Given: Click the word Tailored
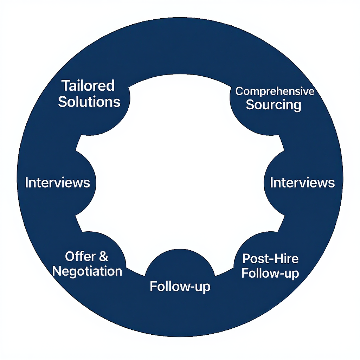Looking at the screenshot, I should [88, 86].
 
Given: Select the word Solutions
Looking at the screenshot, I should [89, 102].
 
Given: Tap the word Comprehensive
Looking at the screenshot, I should [275, 92].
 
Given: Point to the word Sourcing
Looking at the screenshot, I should [273, 105].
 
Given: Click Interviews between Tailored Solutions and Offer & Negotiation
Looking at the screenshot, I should [57, 183].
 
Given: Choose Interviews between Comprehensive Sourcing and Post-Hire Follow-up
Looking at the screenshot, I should [302, 183].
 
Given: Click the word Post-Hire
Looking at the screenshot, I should [270, 259].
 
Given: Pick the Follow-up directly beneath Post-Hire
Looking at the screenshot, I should [270, 274].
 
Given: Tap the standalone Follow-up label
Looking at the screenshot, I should [180, 287].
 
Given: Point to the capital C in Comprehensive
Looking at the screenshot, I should [239, 92].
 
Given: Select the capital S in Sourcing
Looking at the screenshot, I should [250, 105].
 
